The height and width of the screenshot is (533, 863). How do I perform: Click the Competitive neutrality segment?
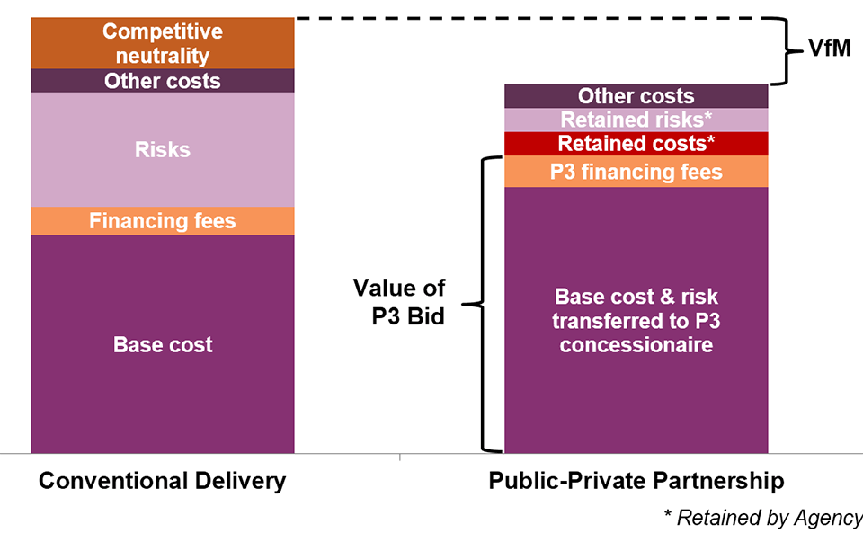tap(163, 43)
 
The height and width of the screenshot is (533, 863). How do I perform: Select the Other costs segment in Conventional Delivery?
tap(163, 80)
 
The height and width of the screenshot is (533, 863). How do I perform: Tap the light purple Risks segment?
tap(163, 149)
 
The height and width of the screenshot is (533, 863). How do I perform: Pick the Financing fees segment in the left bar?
tap(163, 221)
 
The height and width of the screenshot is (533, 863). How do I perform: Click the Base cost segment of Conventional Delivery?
tap(163, 344)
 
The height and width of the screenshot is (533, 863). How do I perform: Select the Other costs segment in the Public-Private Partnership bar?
tap(636, 96)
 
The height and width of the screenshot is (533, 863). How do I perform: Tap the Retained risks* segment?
tap(636, 120)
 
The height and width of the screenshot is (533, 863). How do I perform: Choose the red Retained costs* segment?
tap(636, 144)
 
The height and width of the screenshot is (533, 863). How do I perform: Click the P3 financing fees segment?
tap(636, 172)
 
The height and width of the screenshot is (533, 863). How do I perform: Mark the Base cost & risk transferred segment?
tap(636, 321)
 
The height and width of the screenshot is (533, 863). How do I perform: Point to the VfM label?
tap(830, 49)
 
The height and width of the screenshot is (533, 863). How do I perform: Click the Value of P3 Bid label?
tap(399, 302)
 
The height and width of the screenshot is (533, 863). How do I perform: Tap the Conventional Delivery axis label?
tap(163, 481)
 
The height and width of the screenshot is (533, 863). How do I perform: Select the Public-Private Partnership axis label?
tap(636, 481)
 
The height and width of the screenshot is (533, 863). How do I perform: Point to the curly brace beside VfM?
tap(787, 51)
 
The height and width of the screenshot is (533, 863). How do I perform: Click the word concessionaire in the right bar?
tap(636, 345)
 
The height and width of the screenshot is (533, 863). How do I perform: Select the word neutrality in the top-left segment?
tap(163, 56)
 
